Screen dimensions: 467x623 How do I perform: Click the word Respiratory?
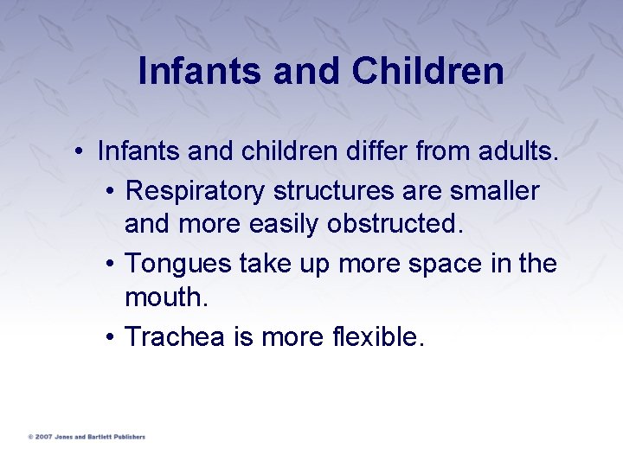[196, 190]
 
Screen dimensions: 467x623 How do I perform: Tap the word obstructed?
[395, 225]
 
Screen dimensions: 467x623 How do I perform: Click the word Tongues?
[178, 263]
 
